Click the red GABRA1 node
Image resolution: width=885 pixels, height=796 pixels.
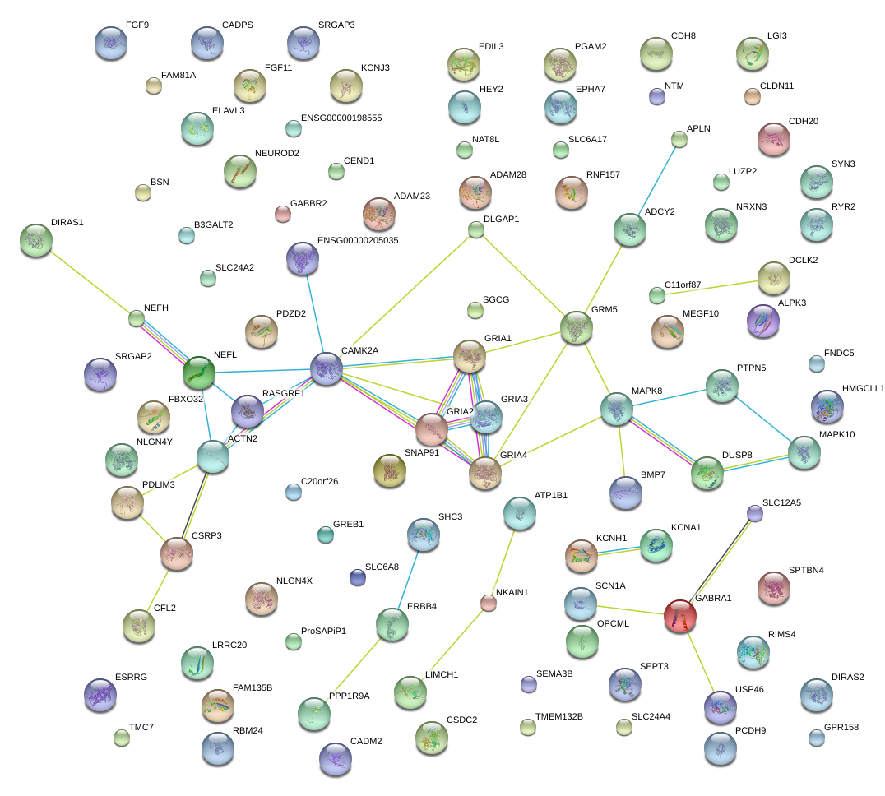tap(679, 616)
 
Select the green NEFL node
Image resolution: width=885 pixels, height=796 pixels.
tap(198, 372)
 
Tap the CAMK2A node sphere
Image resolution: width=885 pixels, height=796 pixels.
tap(326, 368)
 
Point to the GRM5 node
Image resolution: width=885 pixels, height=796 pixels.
tap(576, 327)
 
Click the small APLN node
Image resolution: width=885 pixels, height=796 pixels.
tap(679, 139)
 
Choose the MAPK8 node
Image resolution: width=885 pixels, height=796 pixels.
tap(617, 409)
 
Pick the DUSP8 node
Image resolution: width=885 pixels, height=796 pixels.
tap(707, 473)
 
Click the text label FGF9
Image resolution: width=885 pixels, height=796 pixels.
tap(137, 25)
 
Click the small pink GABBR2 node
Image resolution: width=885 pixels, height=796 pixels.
tap(282, 214)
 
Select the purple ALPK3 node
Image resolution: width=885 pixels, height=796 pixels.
tap(762, 321)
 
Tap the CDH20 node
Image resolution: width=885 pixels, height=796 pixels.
tap(773, 139)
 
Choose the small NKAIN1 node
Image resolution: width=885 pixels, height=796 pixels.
tap(489, 603)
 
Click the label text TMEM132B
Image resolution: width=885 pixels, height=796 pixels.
tap(558, 716)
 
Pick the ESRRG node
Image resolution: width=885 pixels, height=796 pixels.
tap(100, 695)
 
